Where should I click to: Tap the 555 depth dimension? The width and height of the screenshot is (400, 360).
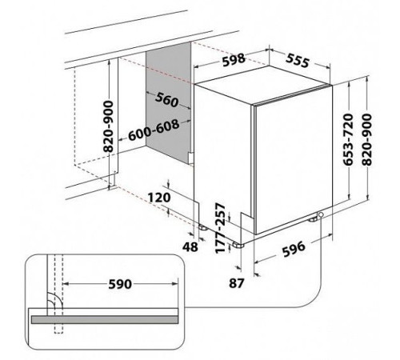click(x=298, y=61)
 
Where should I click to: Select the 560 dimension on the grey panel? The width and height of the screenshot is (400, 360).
click(x=166, y=100)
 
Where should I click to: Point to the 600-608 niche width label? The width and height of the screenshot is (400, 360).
click(x=154, y=130)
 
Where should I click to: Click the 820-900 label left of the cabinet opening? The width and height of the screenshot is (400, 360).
click(x=109, y=126)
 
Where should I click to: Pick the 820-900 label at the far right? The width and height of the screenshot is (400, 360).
click(x=366, y=139)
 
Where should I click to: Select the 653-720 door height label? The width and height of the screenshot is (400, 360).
click(x=349, y=139)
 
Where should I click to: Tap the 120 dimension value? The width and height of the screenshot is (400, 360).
click(x=159, y=198)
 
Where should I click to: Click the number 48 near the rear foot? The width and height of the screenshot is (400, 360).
click(x=190, y=246)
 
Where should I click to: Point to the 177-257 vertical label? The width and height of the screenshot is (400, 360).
click(x=220, y=228)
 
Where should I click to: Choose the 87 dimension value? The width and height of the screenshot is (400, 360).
click(x=237, y=283)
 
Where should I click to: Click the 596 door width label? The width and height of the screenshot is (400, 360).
click(x=294, y=249)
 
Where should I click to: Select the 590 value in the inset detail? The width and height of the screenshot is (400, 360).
click(x=120, y=284)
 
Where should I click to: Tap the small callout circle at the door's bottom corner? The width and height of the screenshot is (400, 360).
click(x=320, y=214)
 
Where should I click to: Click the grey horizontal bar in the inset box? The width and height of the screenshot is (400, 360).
click(x=105, y=319)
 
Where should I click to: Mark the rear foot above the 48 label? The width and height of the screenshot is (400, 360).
click(x=203, y=228)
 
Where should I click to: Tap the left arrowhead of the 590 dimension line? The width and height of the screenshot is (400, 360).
click(x=66, y=284)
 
